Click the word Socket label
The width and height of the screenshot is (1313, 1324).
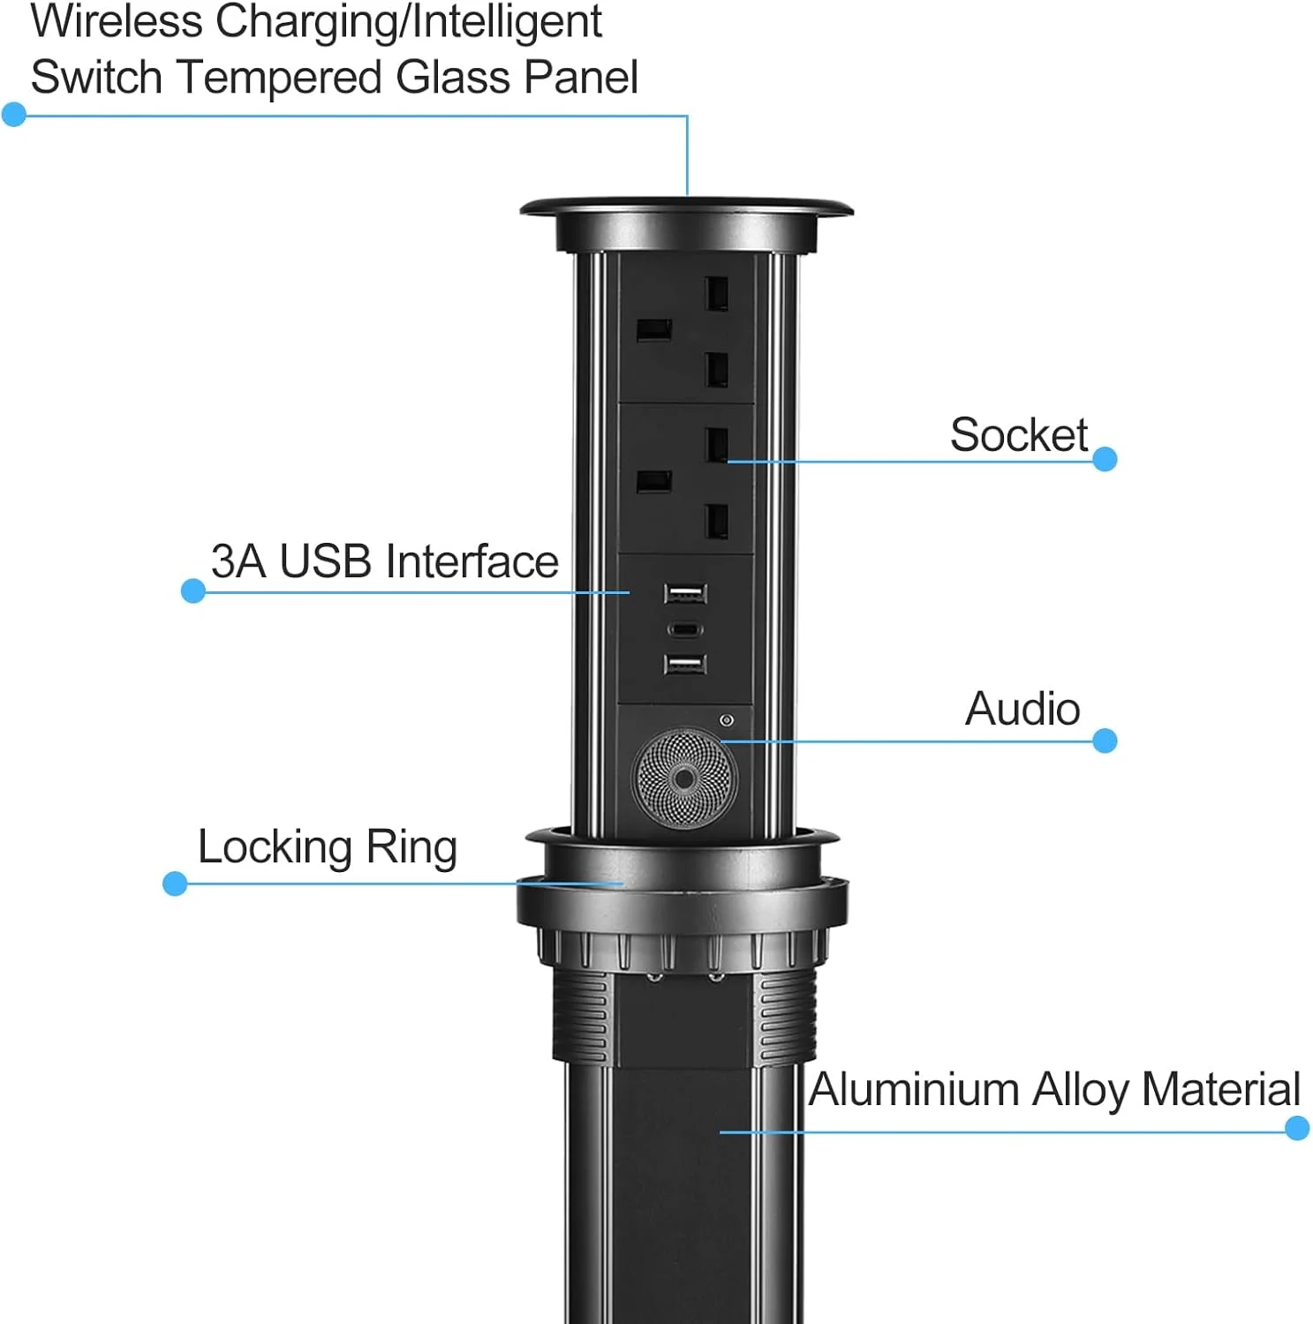click(1018, 434)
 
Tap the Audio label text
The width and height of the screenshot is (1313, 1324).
click(1022, 709)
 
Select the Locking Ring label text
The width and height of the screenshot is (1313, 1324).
click(327, 848)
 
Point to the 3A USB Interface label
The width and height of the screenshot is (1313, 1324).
click(385, 561)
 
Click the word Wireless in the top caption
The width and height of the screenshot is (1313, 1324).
click(117, 21)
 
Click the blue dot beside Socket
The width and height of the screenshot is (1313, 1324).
click(1105, 459)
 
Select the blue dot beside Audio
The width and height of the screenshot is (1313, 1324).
click(1105, 741)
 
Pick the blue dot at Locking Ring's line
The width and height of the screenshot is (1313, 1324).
click(175, 884)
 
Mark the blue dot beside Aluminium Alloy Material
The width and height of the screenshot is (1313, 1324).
click(1297, 1128)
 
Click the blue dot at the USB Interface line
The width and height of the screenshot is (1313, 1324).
click(193, 591)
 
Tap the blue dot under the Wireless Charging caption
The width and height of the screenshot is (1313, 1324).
click(14, 114)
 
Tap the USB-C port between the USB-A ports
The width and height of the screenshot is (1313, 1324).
click(685, 629)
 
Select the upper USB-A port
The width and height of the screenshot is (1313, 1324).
click(685, 593)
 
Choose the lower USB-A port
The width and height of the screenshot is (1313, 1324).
click(685, 664)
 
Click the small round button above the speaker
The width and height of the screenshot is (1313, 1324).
click(727, 720)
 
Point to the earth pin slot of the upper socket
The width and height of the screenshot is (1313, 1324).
click(654, 331)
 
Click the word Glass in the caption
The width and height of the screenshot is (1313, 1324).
click(454, 77)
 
